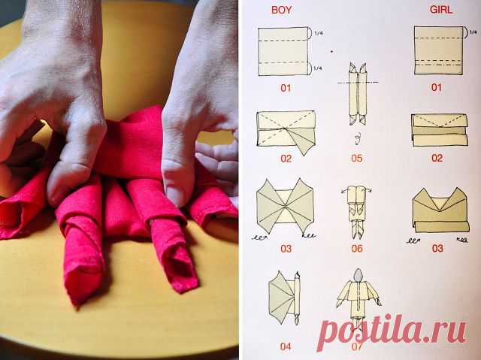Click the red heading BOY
[x=281, y=10]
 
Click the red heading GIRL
[x=441, y=10]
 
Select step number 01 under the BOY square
[x=286, y=89]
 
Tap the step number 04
[x=286, y=346]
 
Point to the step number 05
[x=357, y=159]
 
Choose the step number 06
[x=357, y=248]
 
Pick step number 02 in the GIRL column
[x=437, y=159]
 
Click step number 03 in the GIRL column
[x=437, y=248]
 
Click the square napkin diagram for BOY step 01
[x=283, y=51]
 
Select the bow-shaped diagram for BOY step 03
[x=286, y=208]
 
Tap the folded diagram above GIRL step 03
[x=440, y=210]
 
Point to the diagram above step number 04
[x=284, y=298]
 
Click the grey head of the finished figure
[x=358, y=275]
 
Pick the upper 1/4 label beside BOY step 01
[x=319, y=33]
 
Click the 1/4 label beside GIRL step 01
[x=473, y=32]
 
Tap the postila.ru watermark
[x=392, y=331]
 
